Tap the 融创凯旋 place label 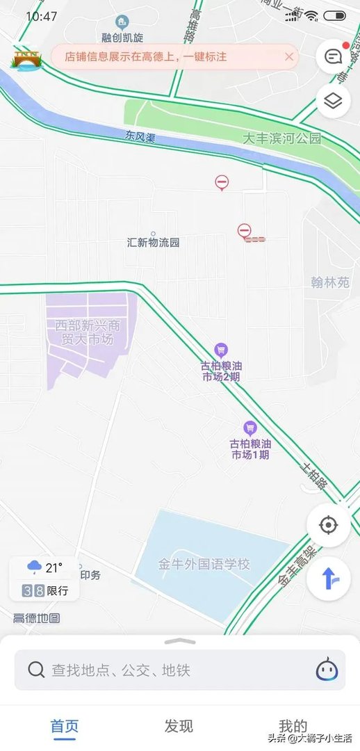122,36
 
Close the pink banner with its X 289,57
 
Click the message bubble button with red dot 333,56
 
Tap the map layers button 333,102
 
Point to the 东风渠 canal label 140,137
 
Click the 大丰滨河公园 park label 281,138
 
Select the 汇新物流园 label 154,243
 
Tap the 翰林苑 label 330,282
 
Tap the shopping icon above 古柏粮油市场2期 221,350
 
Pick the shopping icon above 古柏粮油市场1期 250,428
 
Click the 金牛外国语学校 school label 204,564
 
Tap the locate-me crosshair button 328,524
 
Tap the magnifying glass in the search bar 36,670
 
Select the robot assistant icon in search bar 327,669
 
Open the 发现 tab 179,726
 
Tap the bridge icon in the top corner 26,59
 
